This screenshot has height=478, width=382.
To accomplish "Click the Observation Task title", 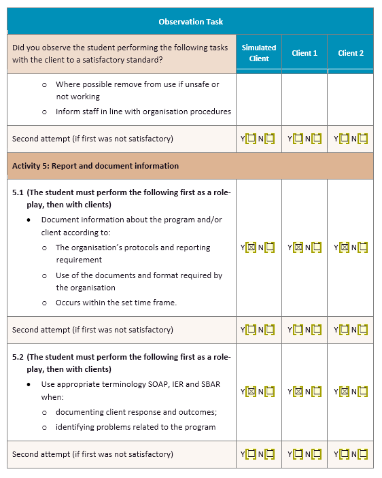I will pos(190,22).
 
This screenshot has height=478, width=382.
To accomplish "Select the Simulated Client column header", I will pos(259,53).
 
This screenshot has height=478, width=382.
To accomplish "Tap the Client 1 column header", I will pos(305,53).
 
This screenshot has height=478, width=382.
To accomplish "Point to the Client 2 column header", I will pos(351,53).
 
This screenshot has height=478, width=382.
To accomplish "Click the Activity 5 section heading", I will pos(95,166).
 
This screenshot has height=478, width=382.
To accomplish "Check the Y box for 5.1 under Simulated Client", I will pos(250,247).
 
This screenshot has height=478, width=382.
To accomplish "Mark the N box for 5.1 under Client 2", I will pos(362,247).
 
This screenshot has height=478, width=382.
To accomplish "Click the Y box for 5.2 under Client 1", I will pos(297,392).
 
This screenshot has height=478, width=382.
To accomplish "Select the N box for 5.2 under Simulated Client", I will pos(269,392).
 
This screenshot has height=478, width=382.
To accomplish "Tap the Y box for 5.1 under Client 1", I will pos(297,247).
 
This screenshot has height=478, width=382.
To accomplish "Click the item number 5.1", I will pos(18,192).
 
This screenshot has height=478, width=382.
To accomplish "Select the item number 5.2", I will pos(18,357).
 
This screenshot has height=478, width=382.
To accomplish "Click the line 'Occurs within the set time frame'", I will pos(116,303).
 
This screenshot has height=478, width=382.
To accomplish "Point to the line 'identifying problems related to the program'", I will pos(135,427).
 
